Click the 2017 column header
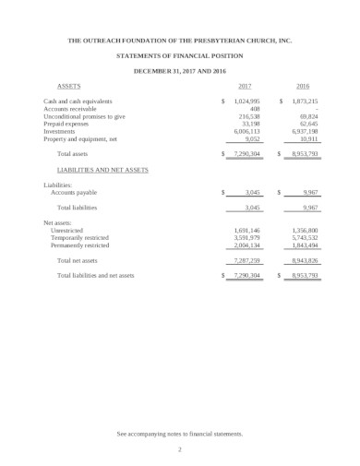pos(245,85)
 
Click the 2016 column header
pos(303,85)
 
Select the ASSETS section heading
pos(68,85)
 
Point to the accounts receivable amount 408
pos(256,109)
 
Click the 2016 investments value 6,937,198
pos(302,131)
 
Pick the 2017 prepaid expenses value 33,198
pos(249,124)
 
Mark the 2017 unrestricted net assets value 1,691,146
pos(246,230)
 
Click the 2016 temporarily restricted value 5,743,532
pos(302,238)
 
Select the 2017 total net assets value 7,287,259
pos(246,261)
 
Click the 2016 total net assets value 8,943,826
pos(302,261)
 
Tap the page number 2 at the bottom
pos(180,448)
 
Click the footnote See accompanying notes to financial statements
pos(180,433)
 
